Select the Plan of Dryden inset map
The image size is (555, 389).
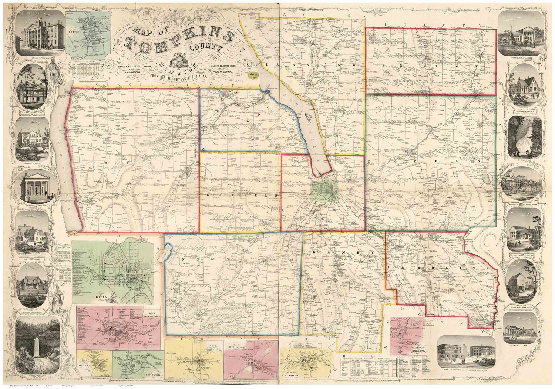click(x=194, y=358)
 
